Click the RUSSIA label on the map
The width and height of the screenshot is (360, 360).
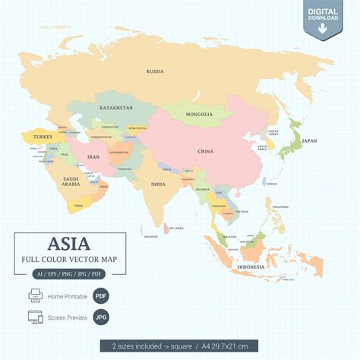point(155,71)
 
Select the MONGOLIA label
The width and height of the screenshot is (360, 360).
point(200,115)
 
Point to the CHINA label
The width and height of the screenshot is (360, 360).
point(206,151)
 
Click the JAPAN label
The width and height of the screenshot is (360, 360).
point(309,141)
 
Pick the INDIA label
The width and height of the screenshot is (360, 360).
point(158,184)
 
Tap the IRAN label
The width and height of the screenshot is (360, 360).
point(93,156)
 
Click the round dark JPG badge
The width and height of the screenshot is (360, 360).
point(101,317)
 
